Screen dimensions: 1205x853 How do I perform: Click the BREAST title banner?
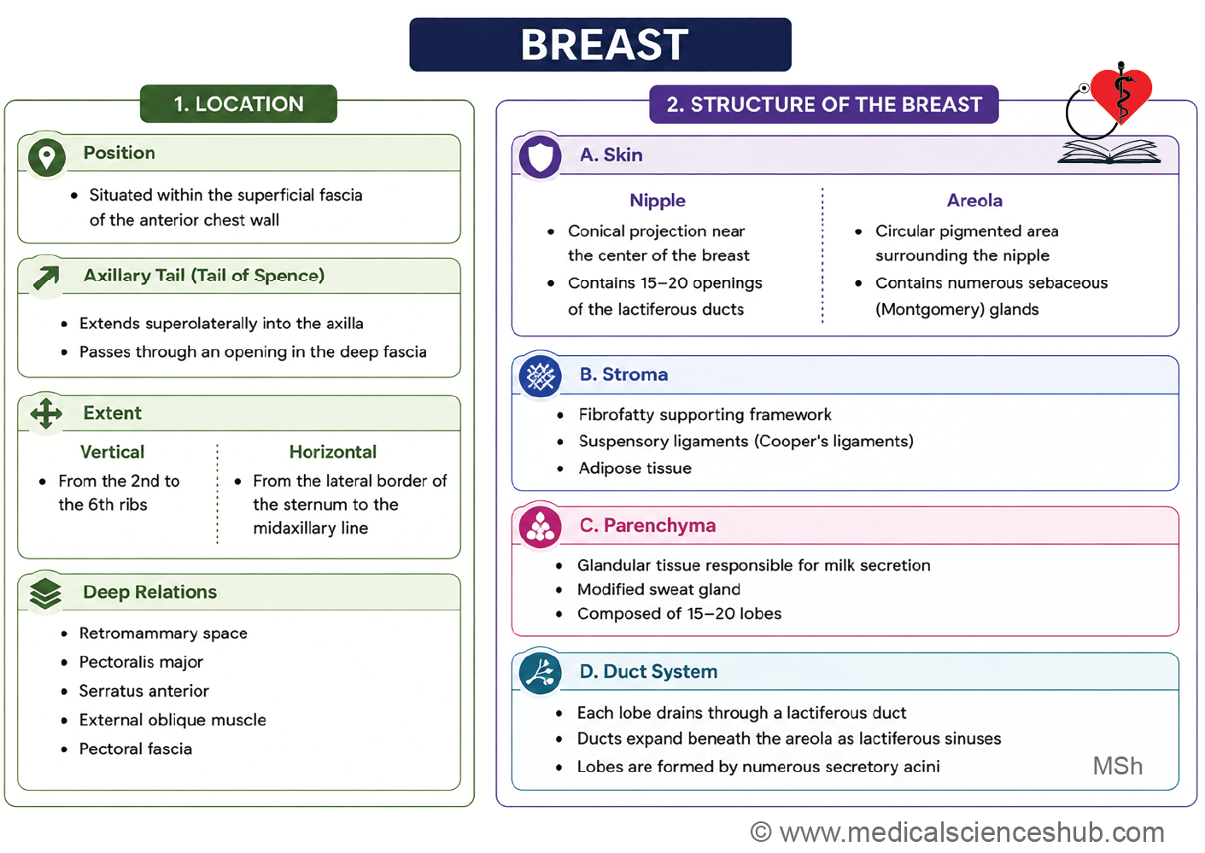tap(600, 44)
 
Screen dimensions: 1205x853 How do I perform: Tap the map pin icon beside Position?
tap(47, 156)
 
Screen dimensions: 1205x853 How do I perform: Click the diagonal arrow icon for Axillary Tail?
tap(46, 278)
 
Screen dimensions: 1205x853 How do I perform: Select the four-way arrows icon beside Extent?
tap(46, 413)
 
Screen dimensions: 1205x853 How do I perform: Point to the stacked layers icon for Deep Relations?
tap(46, 593)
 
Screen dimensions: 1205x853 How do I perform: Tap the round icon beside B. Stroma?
tap(540, 376)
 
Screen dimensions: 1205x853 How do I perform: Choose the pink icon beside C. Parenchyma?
tap(540, 527)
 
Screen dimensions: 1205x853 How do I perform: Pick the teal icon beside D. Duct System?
tap(540, 673)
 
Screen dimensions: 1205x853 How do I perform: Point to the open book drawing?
tap(1109, 152)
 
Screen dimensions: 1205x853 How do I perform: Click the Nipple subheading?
tap(658, 201)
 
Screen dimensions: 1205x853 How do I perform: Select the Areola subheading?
tap(974, 201)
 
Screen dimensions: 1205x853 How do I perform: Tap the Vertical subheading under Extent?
tap(113, 452)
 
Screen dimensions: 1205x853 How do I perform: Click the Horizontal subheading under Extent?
tap(333, 452)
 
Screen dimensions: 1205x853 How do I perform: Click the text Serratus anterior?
tap(143, 691)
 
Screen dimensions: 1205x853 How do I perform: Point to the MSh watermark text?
tap(1117, 766)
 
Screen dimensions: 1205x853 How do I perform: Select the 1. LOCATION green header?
tap(238, 104)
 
